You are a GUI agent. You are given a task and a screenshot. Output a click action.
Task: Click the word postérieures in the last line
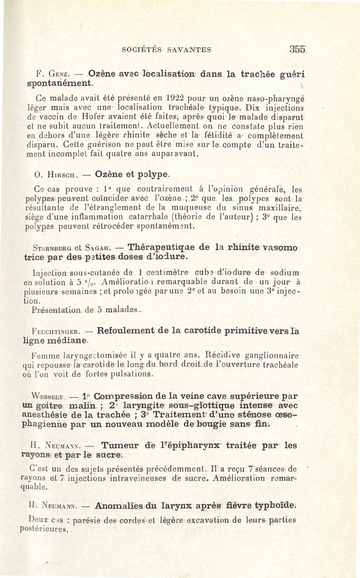pos(49,529)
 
